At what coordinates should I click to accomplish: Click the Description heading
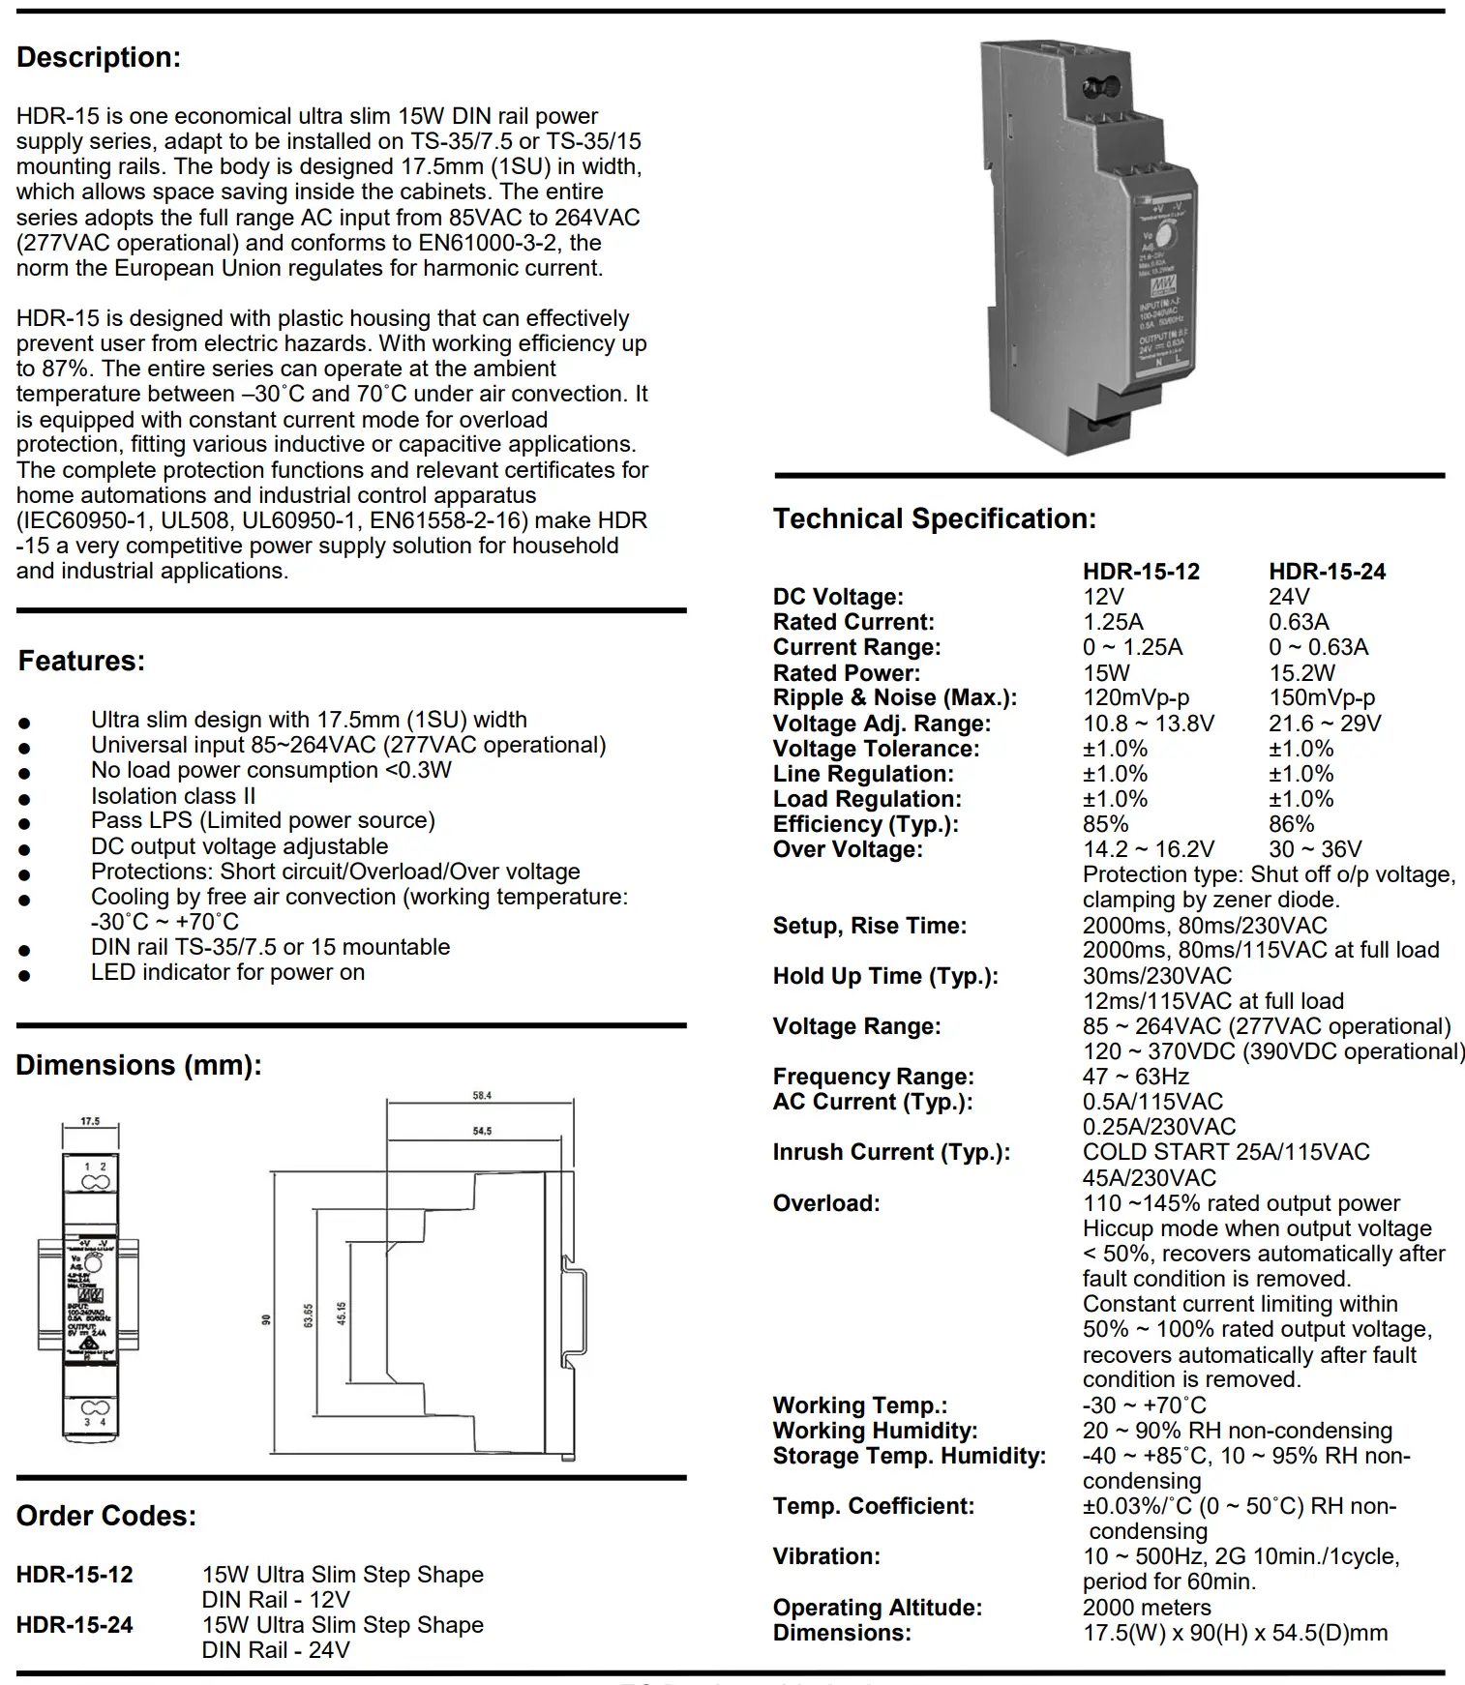99,58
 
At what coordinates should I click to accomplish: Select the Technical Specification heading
934,519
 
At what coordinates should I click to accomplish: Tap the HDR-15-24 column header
1327,572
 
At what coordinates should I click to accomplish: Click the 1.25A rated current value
1113,622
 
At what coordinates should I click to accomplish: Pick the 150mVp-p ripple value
1321,697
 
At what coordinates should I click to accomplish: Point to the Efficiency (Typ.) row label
865,824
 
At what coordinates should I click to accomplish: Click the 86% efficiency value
1291,824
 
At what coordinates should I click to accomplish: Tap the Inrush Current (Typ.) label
890,1152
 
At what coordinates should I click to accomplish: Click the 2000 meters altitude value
1147,1607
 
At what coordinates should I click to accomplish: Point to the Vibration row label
826,1556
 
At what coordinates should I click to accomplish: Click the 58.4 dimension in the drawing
482,1096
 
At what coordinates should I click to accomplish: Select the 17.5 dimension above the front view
90,1121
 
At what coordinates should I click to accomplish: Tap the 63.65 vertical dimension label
308,1315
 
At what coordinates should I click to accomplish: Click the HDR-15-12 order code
75,1575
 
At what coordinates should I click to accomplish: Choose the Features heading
81,662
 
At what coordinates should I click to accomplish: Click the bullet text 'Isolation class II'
173,796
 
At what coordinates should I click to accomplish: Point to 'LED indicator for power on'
227,972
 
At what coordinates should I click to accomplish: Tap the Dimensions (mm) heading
138,1066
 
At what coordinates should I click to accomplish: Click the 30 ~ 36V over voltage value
1315,849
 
